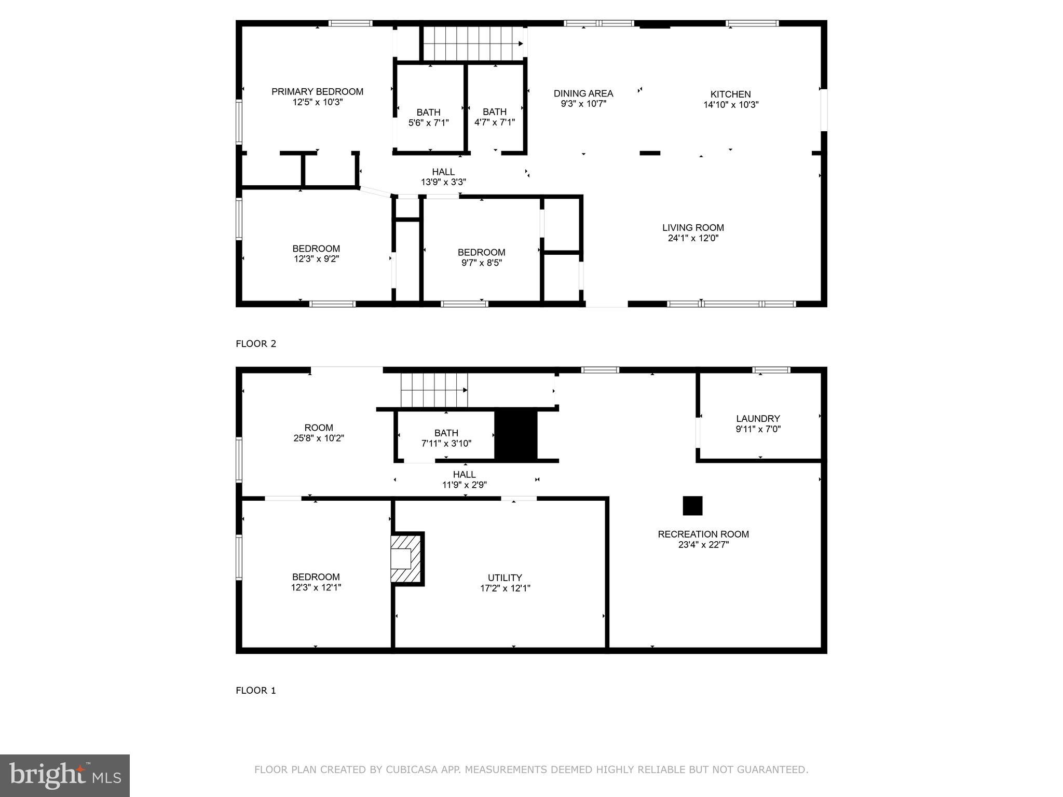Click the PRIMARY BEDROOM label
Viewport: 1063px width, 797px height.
(x=317, y=92)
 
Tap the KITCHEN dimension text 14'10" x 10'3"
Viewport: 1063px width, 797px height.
(x=731, y=105)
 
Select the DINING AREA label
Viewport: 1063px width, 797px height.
(x=583, y=93)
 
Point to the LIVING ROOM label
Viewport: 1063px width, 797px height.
(x=693, y=228)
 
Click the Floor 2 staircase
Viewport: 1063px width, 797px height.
(x=472, y=44)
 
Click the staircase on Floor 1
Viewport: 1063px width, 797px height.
(x=433, y=390)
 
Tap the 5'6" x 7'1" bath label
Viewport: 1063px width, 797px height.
(x=428, y=118)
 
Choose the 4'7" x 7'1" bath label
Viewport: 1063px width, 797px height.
(x=495, y=117)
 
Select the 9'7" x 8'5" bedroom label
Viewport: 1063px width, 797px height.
(x=481, y=257)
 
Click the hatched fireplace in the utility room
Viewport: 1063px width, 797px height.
(x=405, y=559)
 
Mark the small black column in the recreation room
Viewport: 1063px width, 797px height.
(x=692, y=506)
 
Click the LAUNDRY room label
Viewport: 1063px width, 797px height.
(x=758, y=419)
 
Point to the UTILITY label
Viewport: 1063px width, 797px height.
(x=505, y=578)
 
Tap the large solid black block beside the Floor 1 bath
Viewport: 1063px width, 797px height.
(x=515, y=434)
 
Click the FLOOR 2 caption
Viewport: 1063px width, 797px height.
(x=256, y=343)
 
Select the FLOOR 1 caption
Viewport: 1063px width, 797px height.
(x=256, y=690)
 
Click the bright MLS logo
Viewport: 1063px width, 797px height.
(x=65, y=776)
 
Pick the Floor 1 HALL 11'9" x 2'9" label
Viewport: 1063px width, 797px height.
(x=464, y=479)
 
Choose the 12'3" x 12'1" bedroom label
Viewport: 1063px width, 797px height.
(x=316, y=582)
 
